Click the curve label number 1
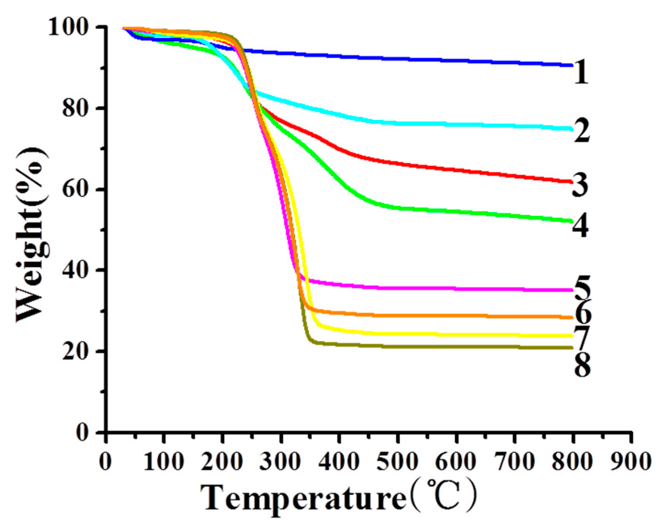581,74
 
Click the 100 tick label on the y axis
73,27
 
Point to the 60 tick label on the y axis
77,189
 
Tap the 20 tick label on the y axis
77,352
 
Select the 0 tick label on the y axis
83,433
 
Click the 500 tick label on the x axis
397,462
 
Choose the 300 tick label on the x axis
280,462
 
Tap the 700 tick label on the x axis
515,462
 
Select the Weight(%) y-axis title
32,234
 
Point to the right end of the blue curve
572,66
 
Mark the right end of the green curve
572,221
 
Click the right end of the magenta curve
572,290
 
